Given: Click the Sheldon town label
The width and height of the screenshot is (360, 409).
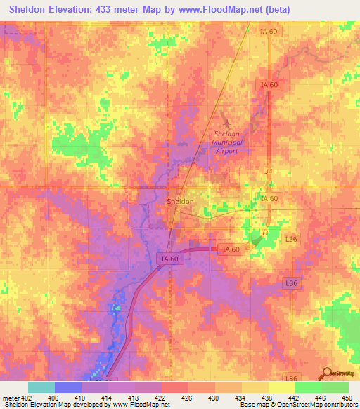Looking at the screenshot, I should point(180,202).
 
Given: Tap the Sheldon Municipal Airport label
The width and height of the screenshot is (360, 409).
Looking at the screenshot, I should point(226,142).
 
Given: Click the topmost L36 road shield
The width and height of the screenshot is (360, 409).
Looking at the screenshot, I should point(292,240).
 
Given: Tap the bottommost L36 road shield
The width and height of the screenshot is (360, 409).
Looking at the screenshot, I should point(292,378).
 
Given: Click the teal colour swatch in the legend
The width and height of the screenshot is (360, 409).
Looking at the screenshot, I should point(41,387).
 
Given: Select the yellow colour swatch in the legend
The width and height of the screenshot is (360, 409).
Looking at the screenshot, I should point(282,387).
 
